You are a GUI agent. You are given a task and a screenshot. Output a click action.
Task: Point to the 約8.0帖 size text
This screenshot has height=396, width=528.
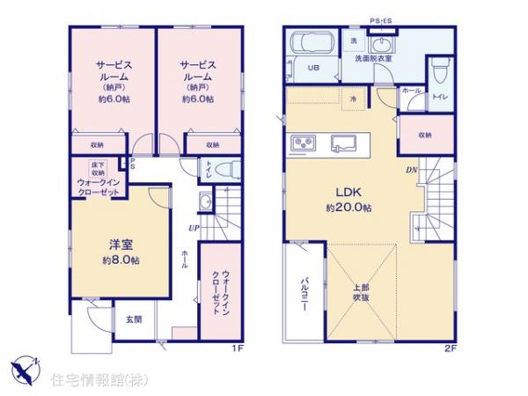(x=114, y=261)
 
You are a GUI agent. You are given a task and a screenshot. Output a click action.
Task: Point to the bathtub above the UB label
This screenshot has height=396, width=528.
(x=307, y=43)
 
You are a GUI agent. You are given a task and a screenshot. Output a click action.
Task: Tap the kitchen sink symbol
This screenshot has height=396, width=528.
(x=346, y=142)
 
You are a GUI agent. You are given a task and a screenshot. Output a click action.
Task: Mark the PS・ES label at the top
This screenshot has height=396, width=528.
(x=383, y=18)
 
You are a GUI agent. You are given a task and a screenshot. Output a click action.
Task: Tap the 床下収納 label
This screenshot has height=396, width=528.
(x=97, y=168)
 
